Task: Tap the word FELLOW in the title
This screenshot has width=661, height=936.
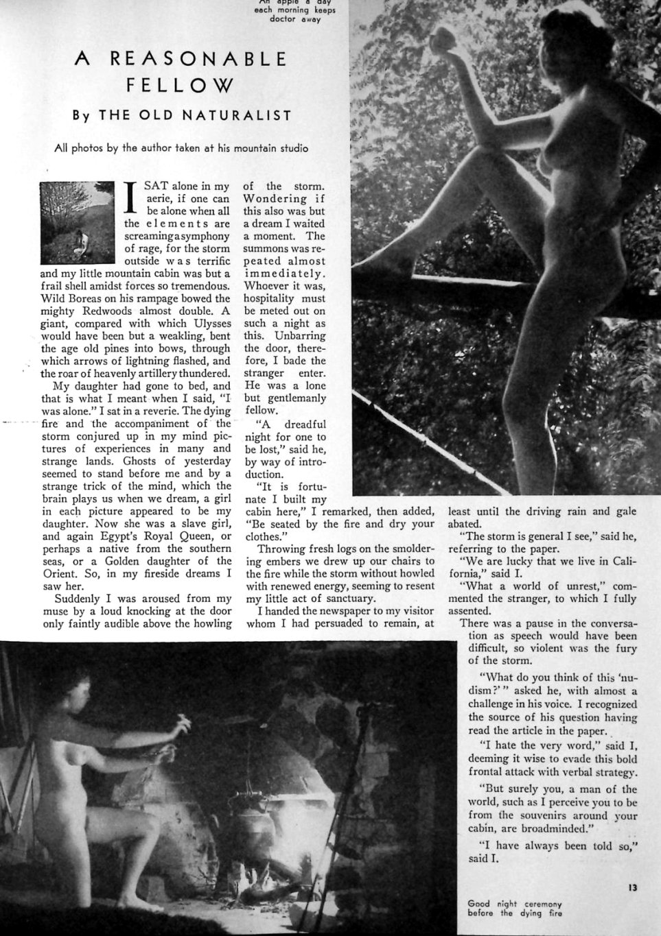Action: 181,85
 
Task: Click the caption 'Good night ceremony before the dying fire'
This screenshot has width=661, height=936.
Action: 515,909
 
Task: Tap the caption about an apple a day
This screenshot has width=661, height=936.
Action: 293,10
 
